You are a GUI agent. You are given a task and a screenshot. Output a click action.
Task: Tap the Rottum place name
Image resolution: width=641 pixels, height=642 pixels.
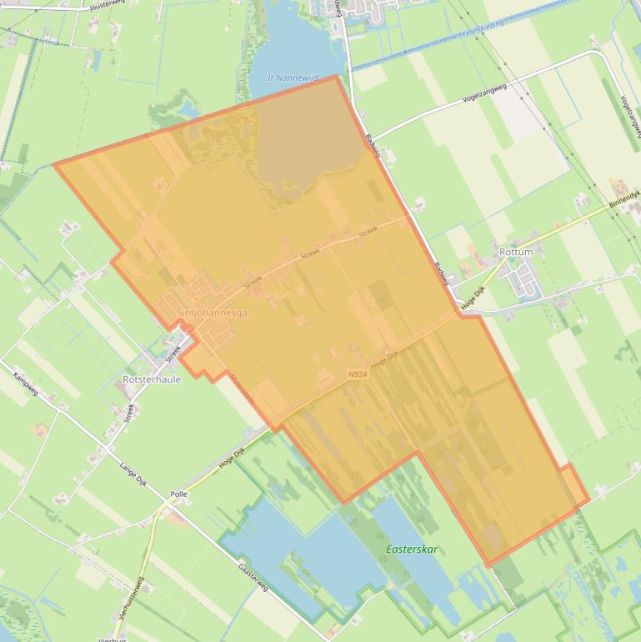tap(516, 252)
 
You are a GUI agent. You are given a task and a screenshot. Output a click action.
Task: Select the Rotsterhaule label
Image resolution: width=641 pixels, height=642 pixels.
tap(152, 379)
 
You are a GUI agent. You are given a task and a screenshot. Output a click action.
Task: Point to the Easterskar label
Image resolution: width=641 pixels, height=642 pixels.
tap(412, 549)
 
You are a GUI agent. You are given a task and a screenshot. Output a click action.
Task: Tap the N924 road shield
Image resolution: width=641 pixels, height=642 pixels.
tap(357, 375)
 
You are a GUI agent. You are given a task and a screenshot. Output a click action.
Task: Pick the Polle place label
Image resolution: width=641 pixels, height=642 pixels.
tap(178, 494)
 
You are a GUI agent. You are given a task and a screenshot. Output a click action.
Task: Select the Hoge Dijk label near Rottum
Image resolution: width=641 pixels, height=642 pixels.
tap(473, 297)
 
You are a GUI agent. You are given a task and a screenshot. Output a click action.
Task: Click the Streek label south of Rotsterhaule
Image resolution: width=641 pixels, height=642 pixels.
tap(128, 412)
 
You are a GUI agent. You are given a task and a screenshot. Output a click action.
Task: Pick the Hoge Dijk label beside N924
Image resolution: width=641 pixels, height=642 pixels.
tap(386, 360)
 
